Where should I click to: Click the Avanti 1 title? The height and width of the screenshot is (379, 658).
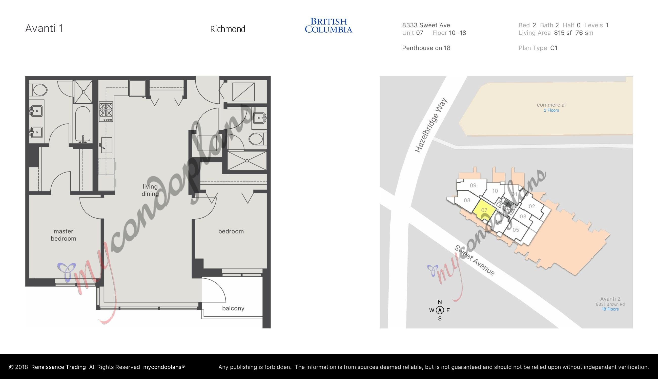point(44,28)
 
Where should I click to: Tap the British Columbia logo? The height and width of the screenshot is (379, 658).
point(328,26)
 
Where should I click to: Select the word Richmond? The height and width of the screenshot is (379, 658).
point(228,29)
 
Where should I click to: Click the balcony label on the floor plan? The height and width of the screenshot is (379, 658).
point(233,308)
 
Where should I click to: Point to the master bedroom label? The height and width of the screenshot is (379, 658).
point(63,235)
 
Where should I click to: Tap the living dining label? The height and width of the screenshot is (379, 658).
point(150,190)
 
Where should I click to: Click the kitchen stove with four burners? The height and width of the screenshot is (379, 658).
point(106,112)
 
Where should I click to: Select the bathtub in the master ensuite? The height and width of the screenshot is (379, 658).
point(83,124)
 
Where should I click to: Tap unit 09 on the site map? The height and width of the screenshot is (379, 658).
point(473,185)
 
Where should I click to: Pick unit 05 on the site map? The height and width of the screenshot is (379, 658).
point(516,230)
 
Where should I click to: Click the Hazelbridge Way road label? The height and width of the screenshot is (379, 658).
point(431,125)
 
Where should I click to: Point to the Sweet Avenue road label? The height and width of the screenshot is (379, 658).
point(475,260)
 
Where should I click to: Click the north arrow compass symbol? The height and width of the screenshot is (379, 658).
point(440,310)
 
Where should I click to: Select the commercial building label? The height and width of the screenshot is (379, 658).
point(551,105)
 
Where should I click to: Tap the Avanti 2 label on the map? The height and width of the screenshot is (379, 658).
point(610,299)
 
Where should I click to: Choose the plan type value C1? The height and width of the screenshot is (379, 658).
point(554,48)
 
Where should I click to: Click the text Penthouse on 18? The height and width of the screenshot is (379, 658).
point(426,48)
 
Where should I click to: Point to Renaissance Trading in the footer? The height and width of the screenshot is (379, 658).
point(58,367)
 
